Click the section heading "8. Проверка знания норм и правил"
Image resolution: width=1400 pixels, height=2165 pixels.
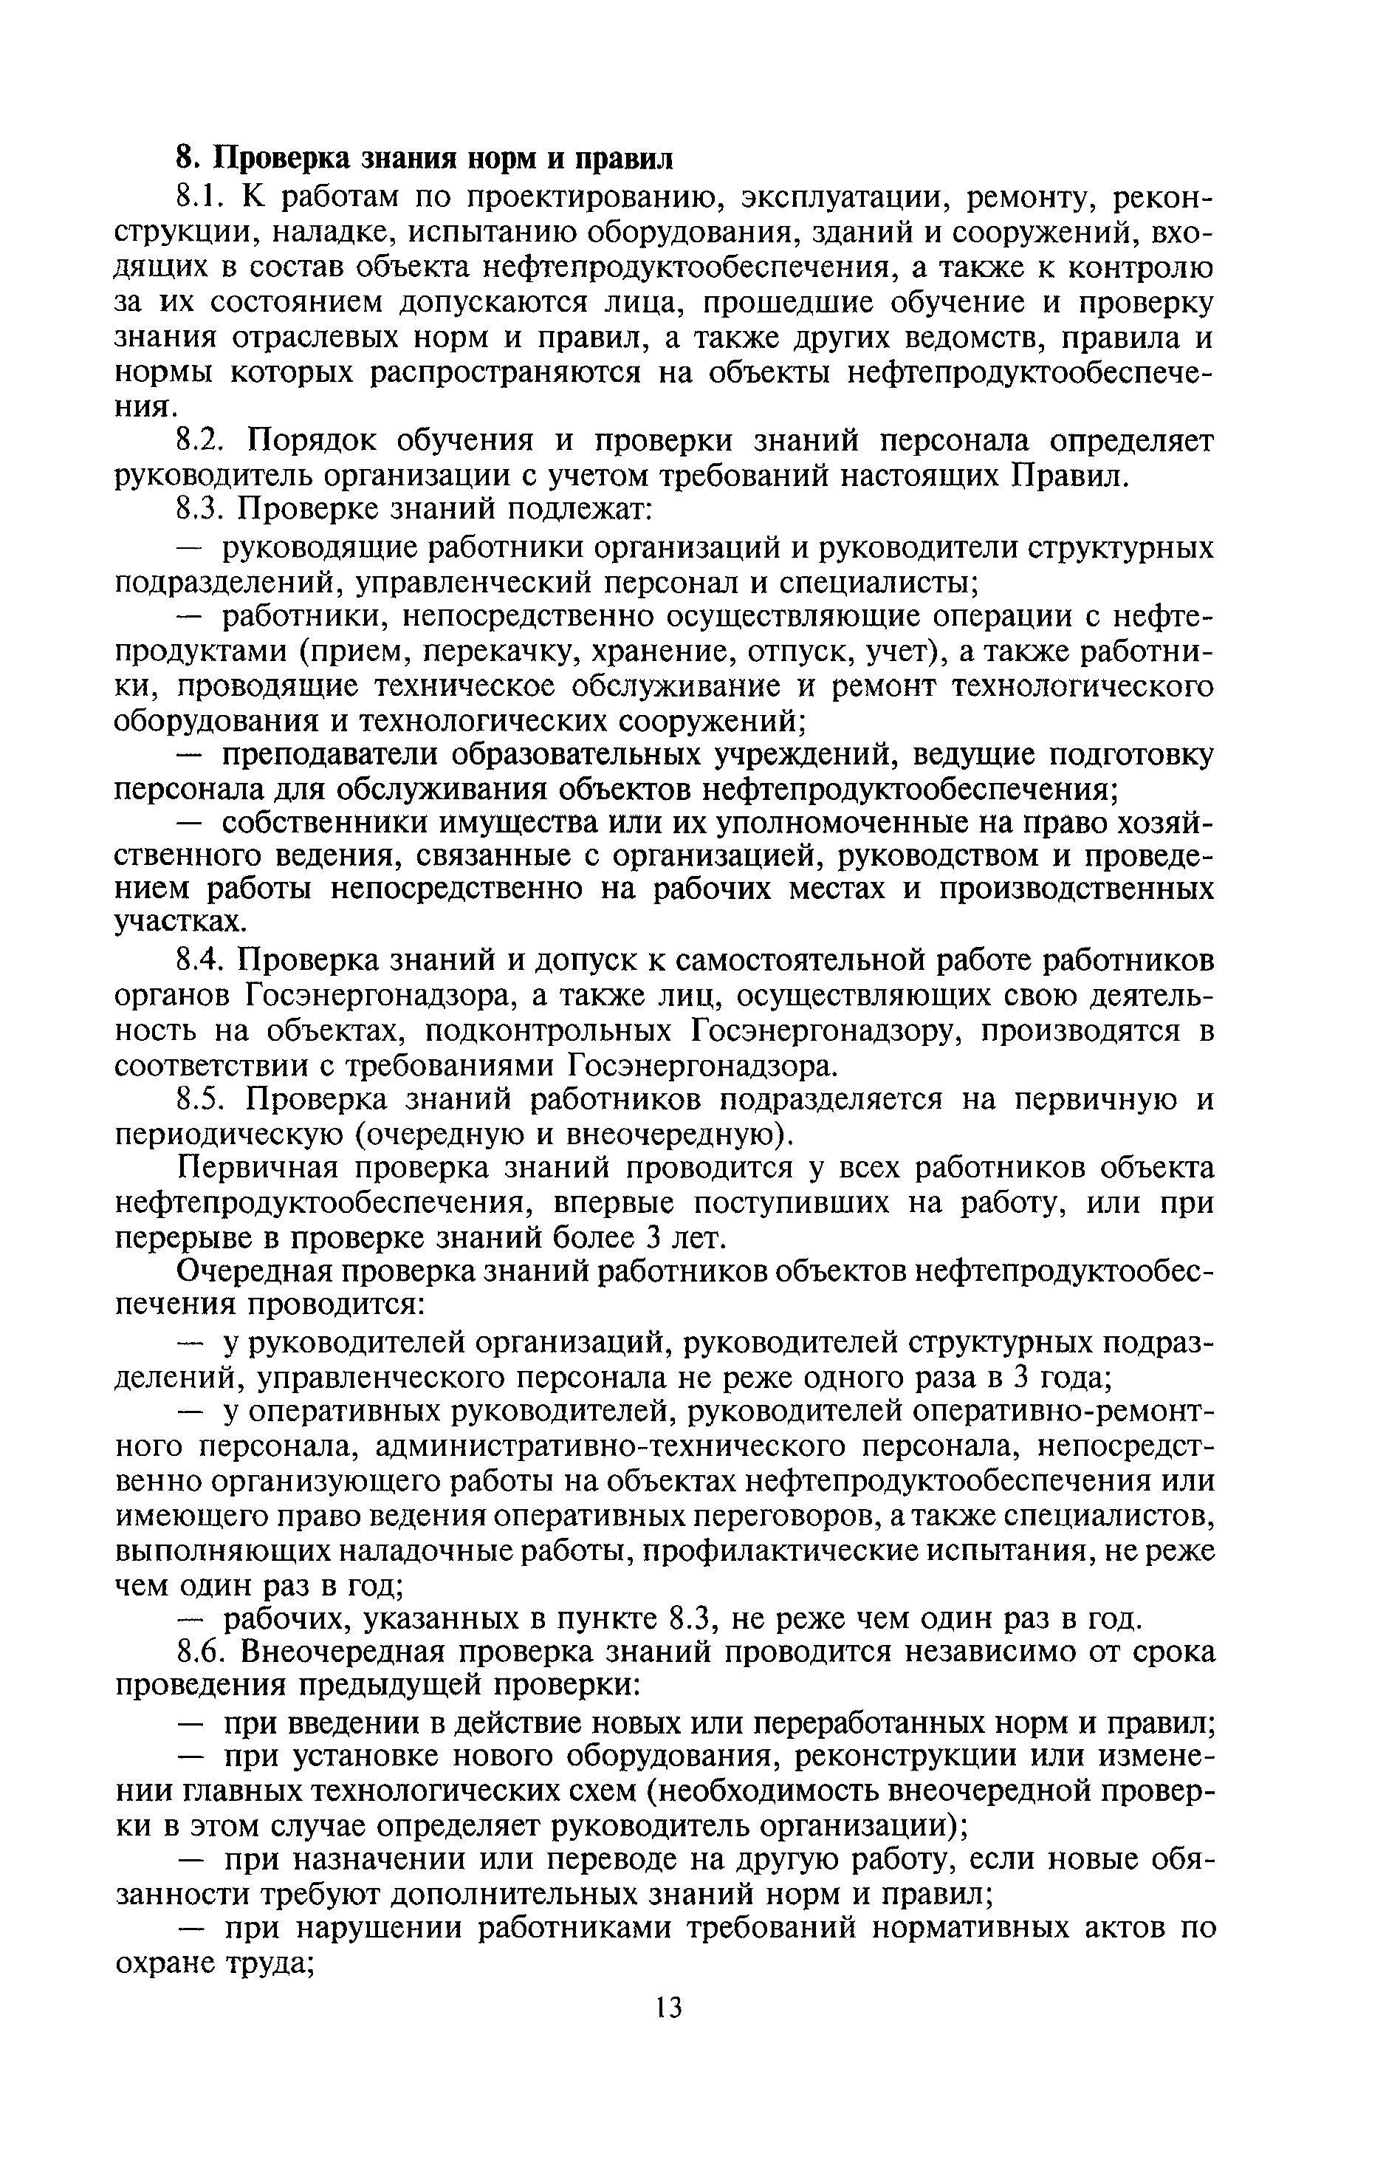[425, 158]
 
